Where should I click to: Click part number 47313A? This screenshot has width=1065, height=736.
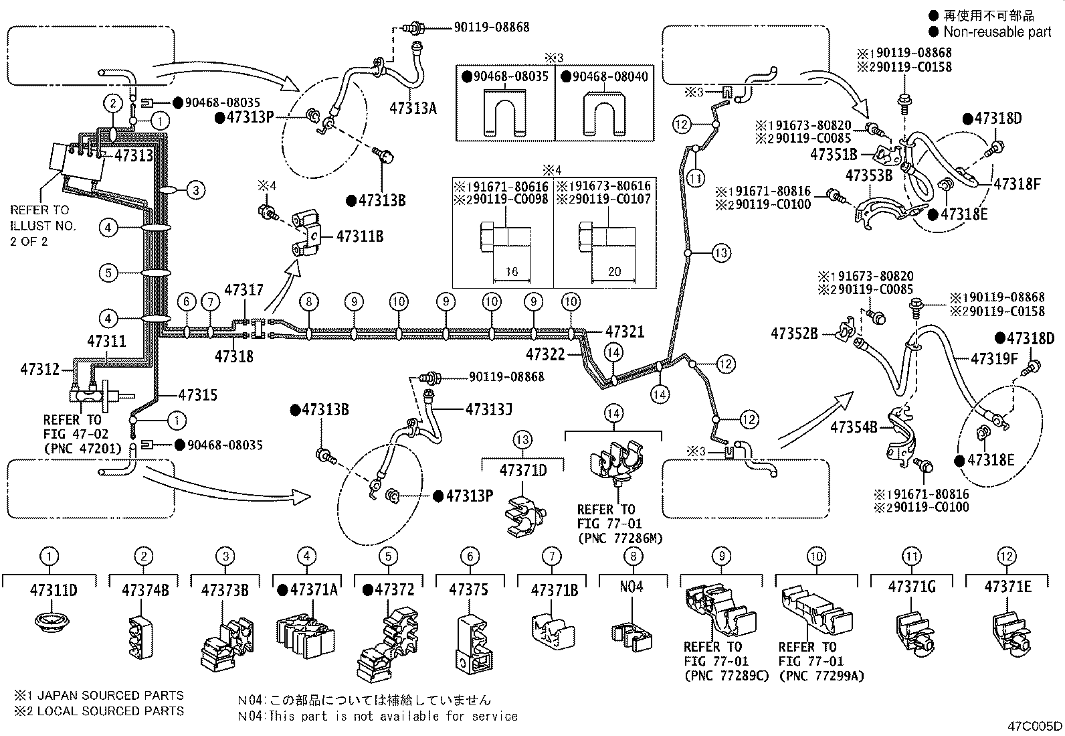[x=413, y=106]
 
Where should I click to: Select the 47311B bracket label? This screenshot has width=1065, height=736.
[x=359, y=236]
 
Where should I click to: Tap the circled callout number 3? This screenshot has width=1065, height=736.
[x=195, y=190]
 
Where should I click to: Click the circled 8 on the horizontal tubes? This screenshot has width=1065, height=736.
[x=308, y=301]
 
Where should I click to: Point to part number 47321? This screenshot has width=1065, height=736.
[x=624, y=332]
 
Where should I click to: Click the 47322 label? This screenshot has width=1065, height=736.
[x=546, y=354]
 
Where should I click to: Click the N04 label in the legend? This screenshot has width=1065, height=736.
[x=631, y=587]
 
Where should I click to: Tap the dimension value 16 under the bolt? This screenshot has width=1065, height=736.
[x=511, y=272]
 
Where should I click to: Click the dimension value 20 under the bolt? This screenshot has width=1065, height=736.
[x=614, y=272]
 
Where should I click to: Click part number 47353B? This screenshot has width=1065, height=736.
[x=869, y=175]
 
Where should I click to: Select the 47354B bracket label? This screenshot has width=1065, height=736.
[x=853, y=426]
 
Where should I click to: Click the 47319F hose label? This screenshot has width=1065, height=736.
[x=993, y=359]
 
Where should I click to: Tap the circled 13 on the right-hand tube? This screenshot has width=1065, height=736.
[x=720, y=253]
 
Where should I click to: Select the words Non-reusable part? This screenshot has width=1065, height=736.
[x=997, y=31]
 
